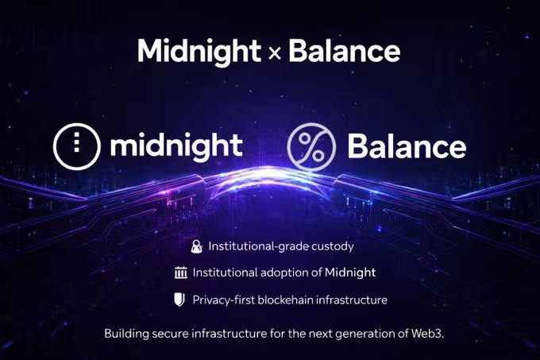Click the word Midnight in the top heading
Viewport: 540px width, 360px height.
tap(199, 52)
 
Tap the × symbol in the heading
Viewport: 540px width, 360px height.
tap(275, 54)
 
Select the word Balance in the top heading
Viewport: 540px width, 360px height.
tap(344, 51)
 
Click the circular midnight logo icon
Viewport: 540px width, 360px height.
tap(77, 146)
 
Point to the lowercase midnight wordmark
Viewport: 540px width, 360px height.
tap(176, 147)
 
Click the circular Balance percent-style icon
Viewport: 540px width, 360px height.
tap(311, 147)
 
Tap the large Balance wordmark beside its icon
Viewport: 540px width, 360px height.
tap(407, 146)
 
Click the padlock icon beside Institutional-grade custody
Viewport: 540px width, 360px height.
tap(197, 246)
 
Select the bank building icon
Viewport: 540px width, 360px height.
tap(181, 273)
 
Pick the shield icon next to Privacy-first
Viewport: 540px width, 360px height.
tap(179, 300)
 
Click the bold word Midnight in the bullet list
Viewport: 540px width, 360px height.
tap(350, 273)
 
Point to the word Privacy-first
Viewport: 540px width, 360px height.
tap(224, 300)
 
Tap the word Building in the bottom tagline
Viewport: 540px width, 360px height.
tap(127, 334)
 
